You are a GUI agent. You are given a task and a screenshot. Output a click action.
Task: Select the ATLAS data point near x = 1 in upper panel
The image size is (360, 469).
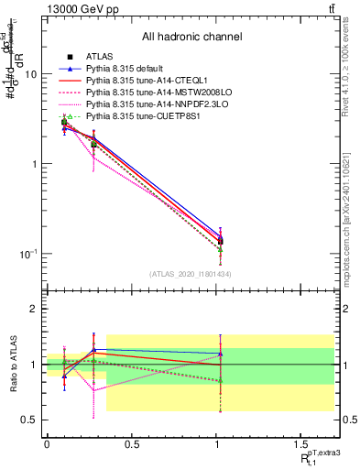click(x=221, y=242)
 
